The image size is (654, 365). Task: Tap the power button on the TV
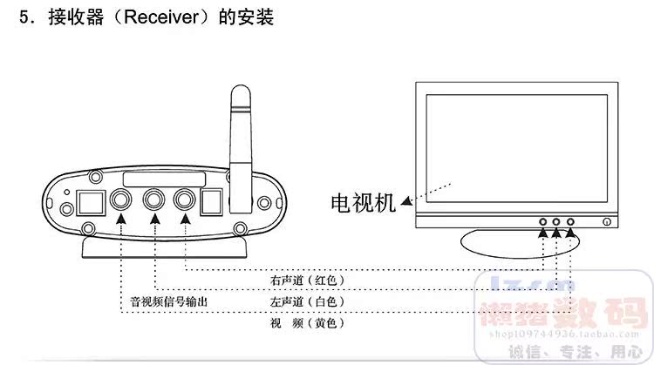606,223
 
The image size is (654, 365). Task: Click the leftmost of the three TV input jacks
542,223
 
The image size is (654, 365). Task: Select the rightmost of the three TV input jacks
571,223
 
